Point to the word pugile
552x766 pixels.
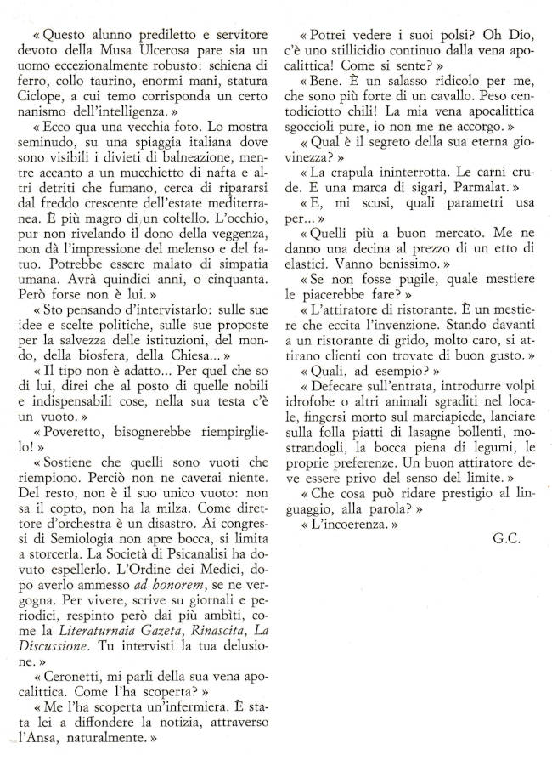coord(397,280)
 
